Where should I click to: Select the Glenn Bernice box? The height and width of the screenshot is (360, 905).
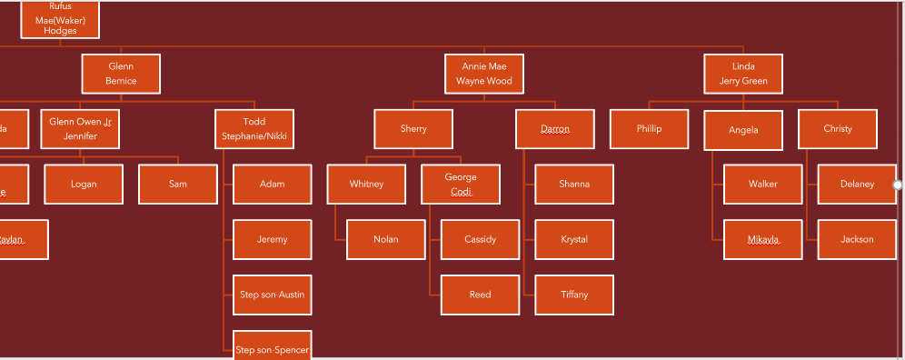(x=121, y=74)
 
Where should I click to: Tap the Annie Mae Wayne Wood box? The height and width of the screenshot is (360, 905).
(x=484, y=74)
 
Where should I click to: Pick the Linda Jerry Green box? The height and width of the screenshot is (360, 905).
(x=743, y=74)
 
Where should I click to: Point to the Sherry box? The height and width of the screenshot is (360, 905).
(x=413, y=129)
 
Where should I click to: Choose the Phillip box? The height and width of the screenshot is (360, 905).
(x=649, y=129)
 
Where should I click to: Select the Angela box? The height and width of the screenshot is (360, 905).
(x=743, y=130)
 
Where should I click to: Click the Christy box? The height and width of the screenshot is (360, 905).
(x=838, y=129)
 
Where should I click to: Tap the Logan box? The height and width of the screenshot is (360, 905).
(x=84, y=185)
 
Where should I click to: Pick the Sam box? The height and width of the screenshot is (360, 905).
(x=178, y=185)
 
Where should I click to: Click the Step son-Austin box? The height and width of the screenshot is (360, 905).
(x=273, y=295)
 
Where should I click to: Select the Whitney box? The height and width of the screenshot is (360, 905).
(x=366, y=185)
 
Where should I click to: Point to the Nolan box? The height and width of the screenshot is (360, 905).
(x=385, y=240)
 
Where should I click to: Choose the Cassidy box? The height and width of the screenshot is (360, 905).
(x=480, y=240)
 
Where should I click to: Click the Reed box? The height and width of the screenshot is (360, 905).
(x=480, y=295)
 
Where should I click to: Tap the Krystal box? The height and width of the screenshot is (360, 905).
(x=574, y=240)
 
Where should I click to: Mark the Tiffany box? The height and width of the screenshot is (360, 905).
(x=574, y=295)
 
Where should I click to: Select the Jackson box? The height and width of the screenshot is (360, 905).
(x=857, y=240)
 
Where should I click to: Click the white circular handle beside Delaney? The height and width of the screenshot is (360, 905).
(x=898, y=185)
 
